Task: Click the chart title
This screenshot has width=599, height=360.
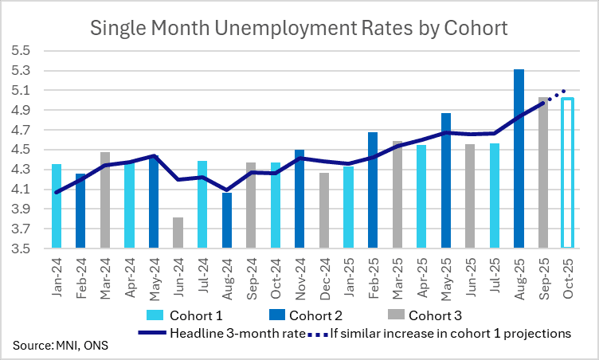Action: [299, 29]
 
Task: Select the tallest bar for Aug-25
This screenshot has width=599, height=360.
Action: [519, 159]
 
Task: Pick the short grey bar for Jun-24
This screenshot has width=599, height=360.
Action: [178, 233]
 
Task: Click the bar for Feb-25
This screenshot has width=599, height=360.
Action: [373, 190]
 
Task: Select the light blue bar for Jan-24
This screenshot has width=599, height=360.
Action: [57, 206]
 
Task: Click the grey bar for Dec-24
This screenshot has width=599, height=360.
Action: [324, 210]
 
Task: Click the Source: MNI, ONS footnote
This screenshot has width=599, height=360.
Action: [60, 346]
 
